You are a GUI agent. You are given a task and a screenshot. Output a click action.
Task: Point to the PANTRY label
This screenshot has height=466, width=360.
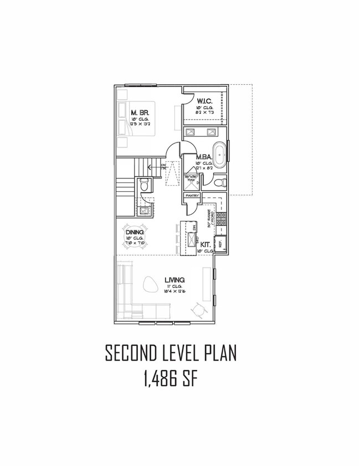click(192, 195)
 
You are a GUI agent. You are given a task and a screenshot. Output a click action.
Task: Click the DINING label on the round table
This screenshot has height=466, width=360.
click(135, 233)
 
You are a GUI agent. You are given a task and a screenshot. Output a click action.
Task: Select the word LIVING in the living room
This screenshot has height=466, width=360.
click(174, 280)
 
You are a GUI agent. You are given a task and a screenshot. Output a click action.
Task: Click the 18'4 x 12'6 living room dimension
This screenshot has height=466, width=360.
click(174, 291)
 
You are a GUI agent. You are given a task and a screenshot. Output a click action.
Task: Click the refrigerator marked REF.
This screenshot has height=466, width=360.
click(220, 244)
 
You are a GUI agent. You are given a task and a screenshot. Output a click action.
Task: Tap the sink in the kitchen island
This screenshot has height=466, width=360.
click(192, 239)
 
